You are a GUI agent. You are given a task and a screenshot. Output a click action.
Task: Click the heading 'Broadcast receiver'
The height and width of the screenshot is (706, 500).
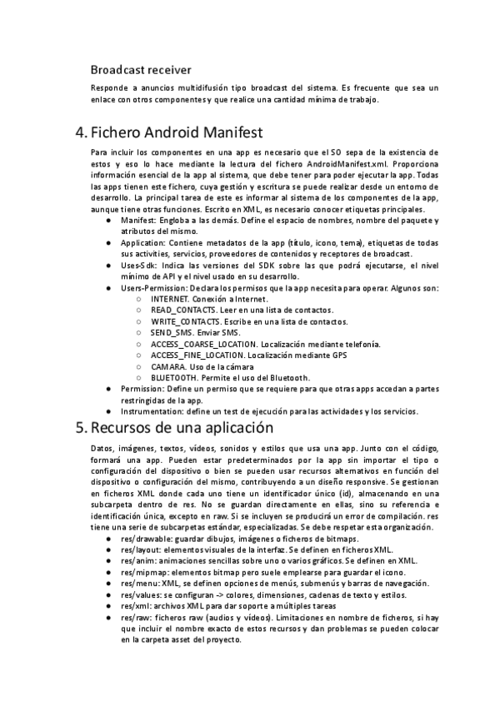tap(141, 69)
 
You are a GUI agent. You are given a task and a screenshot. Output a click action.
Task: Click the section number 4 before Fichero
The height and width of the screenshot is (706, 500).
tap(81, 132)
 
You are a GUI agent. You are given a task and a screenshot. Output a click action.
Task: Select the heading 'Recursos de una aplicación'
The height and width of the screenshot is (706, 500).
tap(182, 430)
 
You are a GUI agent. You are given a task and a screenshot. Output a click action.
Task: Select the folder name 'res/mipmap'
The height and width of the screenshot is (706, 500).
tap(143, 574)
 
